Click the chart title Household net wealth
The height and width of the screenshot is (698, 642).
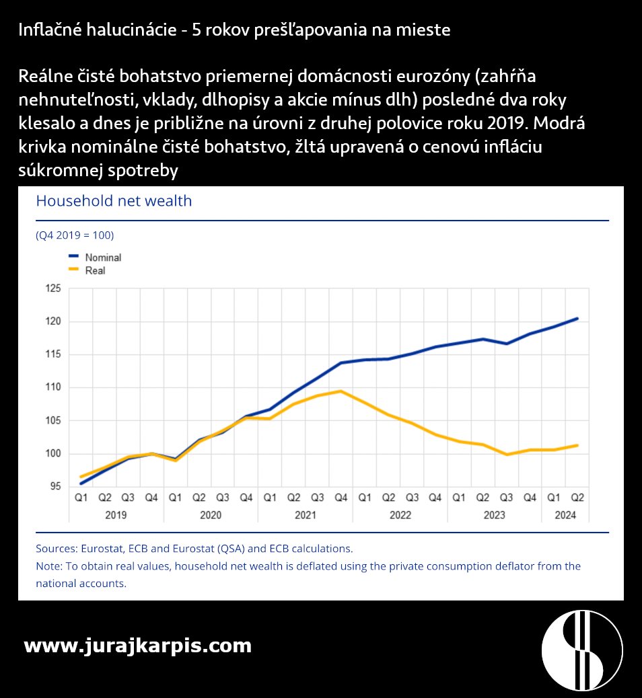pos(113,201)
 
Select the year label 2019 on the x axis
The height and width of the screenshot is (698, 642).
pos(116,515)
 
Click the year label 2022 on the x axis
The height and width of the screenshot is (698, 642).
pos(400,515)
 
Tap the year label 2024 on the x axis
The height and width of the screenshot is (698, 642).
pos(565,515)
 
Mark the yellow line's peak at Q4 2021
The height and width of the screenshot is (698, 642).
pos(342,391)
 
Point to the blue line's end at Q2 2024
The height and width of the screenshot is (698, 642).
pos(577,319)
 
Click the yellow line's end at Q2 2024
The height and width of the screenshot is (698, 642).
pos(577,445)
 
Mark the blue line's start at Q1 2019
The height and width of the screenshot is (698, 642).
pos(81,483)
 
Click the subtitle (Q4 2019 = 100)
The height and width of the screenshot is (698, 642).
pos(75,235)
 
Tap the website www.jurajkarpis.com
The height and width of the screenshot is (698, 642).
pos(137,646)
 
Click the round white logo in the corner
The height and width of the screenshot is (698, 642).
pos(582,650)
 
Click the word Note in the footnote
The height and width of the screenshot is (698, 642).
pos(48,566)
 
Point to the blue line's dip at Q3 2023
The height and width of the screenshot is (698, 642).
pos(507,344)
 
